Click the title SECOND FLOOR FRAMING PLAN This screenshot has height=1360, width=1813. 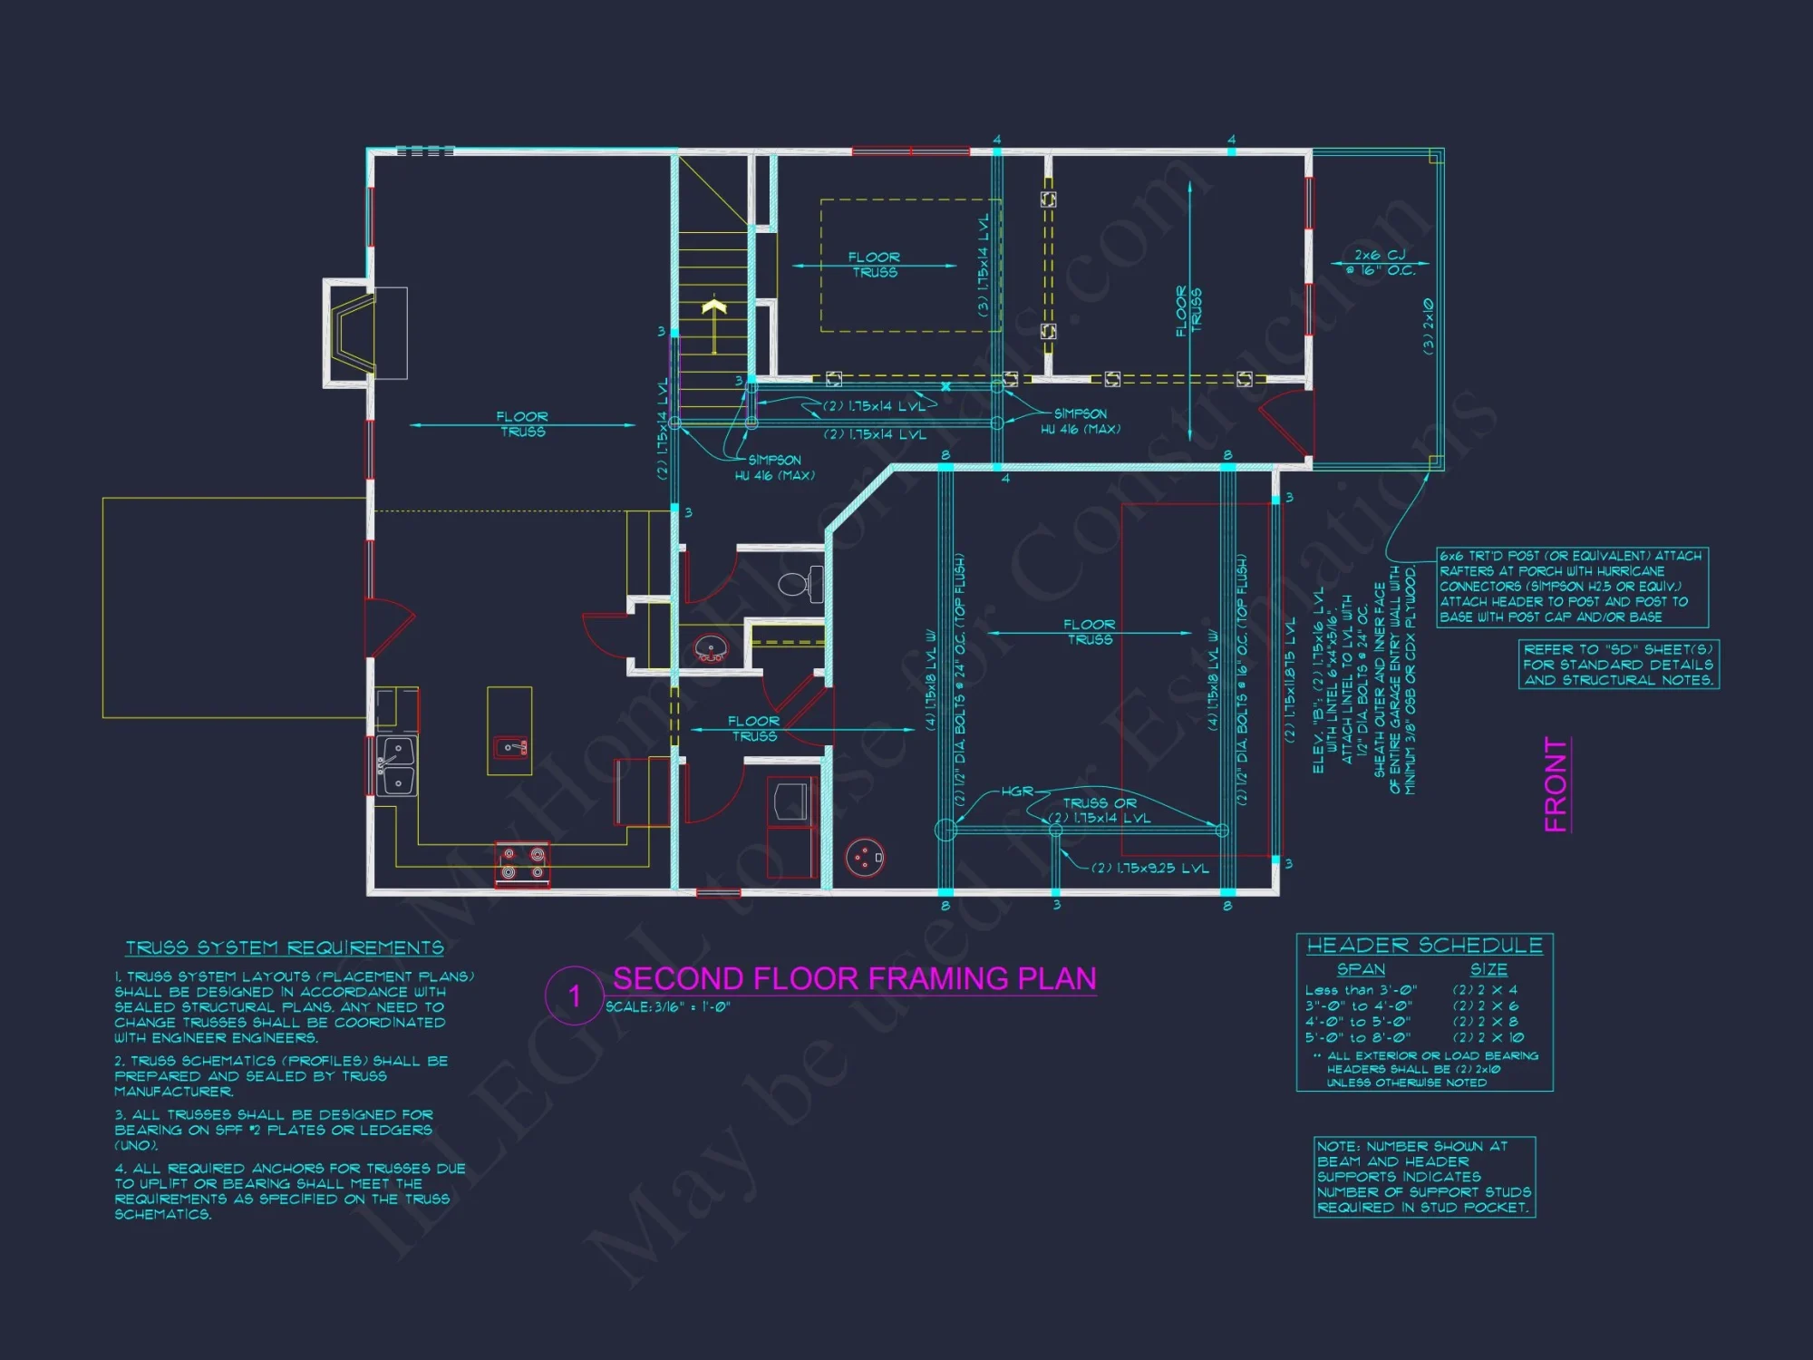(854, 979)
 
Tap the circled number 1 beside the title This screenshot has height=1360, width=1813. (574, 996)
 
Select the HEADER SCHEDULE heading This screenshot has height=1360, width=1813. (1424, 946)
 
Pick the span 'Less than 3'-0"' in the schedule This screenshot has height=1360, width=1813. (1361, 990)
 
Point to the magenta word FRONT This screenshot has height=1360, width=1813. (1556, 784)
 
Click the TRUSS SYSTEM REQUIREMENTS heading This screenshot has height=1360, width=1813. (285, 948)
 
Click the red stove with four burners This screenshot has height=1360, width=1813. (522, 863)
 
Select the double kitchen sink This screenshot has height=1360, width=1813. (397, 766)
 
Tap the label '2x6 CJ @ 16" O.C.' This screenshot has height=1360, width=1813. (1379, 263)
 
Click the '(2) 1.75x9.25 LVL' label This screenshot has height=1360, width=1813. (1149, 869)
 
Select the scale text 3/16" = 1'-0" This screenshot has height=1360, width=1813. (668, 1007)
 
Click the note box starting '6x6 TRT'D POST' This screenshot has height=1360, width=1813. (1572, 587)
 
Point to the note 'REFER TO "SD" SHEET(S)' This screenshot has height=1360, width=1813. (1618, 665)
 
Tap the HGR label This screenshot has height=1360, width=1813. (1017, 792)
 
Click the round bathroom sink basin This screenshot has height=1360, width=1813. (711, 648)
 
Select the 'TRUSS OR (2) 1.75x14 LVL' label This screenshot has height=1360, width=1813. (1099, 811)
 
